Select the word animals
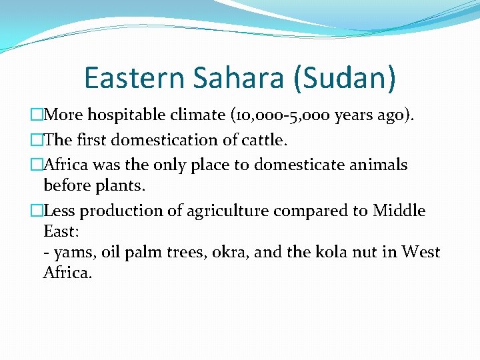tap(380, 165)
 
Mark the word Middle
tap(399, 211)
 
